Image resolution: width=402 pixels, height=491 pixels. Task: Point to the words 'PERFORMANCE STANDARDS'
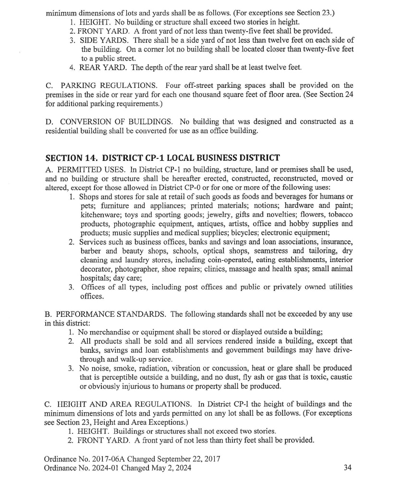pyautogui.click(x=110, y=314)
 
